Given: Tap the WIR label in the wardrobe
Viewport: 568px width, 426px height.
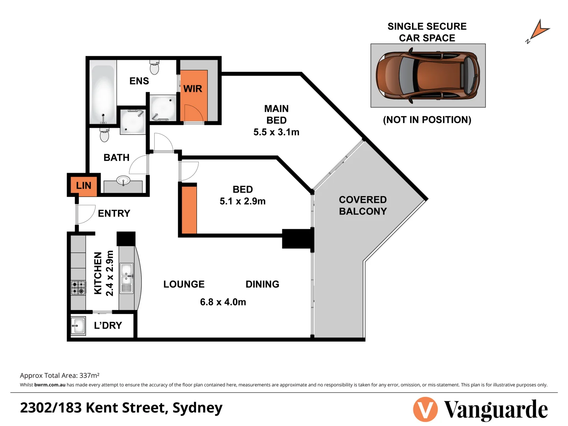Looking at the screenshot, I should click(192, 89).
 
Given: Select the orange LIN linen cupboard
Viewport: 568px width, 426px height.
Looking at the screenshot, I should click(84, 185).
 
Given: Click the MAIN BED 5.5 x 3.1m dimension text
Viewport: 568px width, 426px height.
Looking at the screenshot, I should click(276, 132).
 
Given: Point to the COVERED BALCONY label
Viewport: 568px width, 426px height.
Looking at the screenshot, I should click(362, 206).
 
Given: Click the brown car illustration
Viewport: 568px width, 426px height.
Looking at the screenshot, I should click(428, 75).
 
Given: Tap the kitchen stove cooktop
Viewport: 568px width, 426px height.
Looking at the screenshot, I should click(78, 288).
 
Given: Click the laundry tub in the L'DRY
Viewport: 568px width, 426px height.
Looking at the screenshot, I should click(78, 326).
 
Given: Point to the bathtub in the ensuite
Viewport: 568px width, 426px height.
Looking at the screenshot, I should click(103, 94).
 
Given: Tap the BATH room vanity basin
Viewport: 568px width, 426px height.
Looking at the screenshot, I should click(123, 181).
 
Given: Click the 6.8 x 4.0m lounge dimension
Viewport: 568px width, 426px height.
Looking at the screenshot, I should click(223, 302).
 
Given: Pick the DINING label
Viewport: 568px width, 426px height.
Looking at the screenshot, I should click(262, 284).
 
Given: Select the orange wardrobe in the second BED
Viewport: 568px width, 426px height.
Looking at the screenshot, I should click(189, 210).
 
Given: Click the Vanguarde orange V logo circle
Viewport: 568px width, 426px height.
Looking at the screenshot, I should click(425, 409).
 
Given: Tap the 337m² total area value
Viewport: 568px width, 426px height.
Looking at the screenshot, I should click(89, 376).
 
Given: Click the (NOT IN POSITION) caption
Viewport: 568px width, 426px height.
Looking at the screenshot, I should click(427, 120).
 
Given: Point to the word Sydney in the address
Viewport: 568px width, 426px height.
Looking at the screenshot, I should click(197, 408).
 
